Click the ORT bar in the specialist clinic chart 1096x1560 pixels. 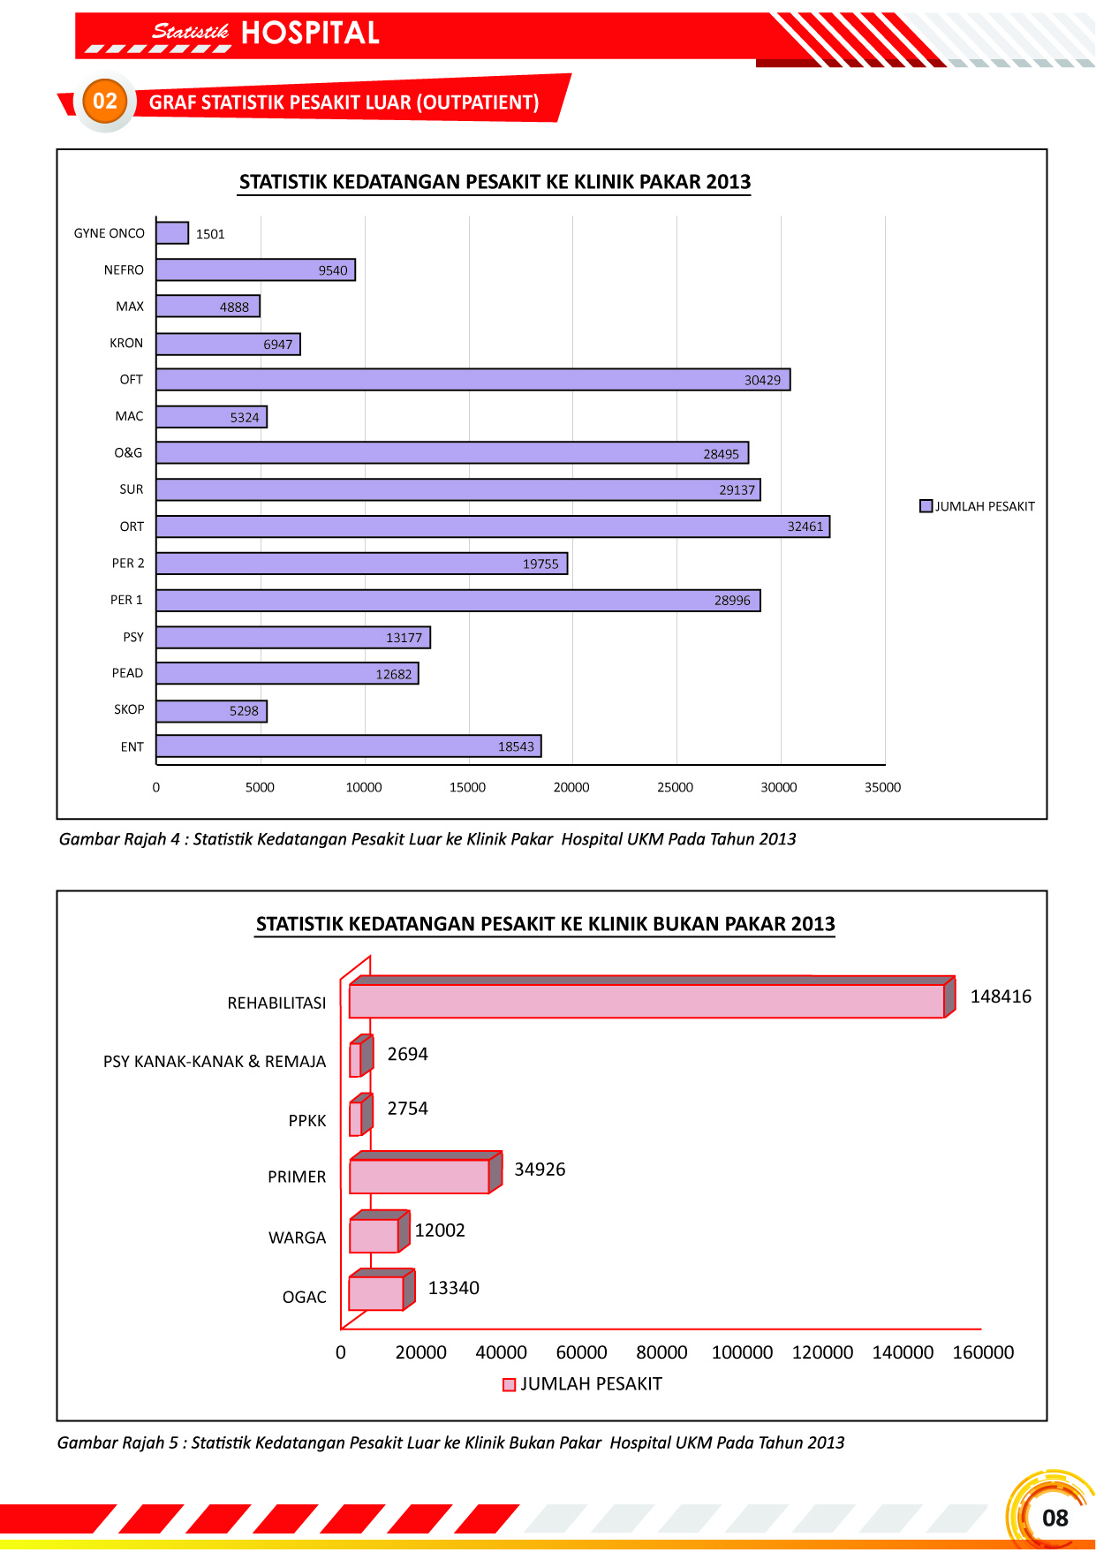[x=493, y=526]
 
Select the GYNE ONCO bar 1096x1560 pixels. [x=172, y=233]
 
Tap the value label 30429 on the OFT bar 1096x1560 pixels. [x=762, y=381]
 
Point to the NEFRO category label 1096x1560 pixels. [x=124, y=270]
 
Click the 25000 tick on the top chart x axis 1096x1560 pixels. [x=675, y=787]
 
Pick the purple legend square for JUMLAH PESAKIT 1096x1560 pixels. [x=926, y=506]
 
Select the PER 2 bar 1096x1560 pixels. [x=362, y=564]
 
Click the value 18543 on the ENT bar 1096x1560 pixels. [x=516, y=747]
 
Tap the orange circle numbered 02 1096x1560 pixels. [x=105, y=102]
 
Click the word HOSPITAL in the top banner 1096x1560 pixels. [x=310, y=34]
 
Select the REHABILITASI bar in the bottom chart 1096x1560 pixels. [x=646, y=1001]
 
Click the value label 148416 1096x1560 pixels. [x=1001, y=996]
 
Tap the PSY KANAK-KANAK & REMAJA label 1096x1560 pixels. [x=215, y=1062]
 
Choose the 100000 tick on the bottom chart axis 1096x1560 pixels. [x=742, y=1352]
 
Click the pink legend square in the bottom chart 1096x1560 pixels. [x=509, y=1384]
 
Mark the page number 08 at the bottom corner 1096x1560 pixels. [x=1054, y=1518]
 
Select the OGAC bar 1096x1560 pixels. [x=376, y=1293]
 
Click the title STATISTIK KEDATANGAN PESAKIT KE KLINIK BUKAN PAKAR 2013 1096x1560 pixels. [x=545, y=924]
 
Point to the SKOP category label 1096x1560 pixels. [x=129, y=709]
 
